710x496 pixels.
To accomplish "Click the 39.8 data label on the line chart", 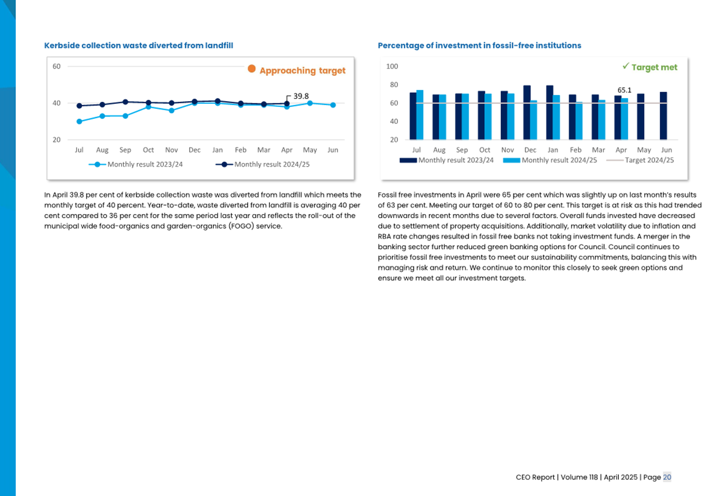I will coord(301,96).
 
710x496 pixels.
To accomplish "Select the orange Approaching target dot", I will coord(252,69).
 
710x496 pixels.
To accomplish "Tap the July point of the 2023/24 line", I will coord(80,122).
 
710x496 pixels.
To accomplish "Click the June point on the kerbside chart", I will coord(333,105).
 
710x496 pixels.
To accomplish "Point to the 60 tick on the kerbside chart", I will coord(56,66).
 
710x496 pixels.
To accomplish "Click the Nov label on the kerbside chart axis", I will coord(171,150).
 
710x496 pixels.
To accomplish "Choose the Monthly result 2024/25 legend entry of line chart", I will coord(262,164).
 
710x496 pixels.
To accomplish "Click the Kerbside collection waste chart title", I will coord(139,46).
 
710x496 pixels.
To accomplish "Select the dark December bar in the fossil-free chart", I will coord(527,112).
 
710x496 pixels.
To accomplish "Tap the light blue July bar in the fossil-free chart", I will coord(420,115).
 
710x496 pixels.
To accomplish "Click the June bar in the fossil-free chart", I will coord(663,116).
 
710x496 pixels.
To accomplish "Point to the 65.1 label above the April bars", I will coord(624,90).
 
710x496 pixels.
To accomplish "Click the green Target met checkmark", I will coord(626,66).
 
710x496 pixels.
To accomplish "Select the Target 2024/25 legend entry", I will coord(640,160).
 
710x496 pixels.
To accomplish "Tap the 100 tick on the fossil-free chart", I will coord(392,66).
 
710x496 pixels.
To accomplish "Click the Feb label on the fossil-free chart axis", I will coord(576,150).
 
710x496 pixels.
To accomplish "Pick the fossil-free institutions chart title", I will coord(479,46).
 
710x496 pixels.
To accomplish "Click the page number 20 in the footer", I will coord(667,477).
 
